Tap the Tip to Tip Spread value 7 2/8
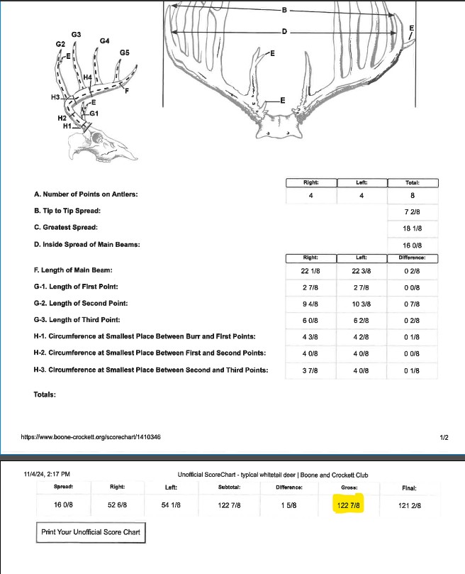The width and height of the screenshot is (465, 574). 413,211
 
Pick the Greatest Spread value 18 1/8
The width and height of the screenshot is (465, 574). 413,228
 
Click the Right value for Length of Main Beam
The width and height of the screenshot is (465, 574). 310,270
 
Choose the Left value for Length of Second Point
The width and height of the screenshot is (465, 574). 362,304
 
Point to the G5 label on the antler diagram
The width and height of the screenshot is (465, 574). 124,53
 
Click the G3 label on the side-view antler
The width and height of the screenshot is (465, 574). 76,34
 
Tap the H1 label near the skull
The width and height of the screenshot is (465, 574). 67,126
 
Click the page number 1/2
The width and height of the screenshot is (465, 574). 443,437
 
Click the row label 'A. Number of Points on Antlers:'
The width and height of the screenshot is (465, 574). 86,194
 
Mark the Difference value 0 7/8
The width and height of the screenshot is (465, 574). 413,304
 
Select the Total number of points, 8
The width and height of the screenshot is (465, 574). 413,194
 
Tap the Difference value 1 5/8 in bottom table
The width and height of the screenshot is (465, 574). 288,505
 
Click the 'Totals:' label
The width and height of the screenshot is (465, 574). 45,394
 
